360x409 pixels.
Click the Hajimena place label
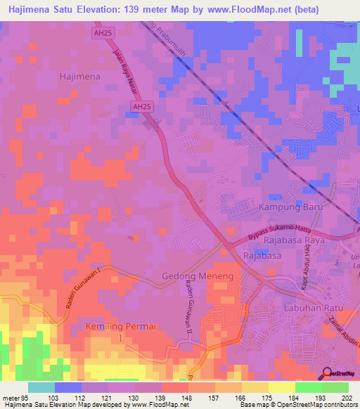coord(80,76)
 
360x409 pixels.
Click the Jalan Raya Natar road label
coord(124,66)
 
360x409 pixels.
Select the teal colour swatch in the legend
coord(41,387)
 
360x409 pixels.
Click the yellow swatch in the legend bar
coord(282,387)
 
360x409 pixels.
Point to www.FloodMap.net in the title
coord(255,10)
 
